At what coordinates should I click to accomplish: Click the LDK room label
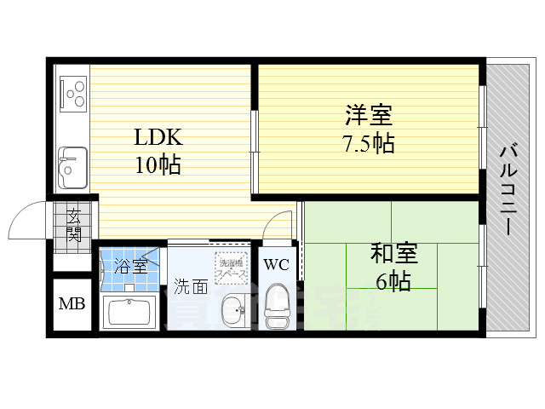coord(157,136)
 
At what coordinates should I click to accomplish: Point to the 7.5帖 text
coord(368,142)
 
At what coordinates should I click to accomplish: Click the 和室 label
coord(393,253)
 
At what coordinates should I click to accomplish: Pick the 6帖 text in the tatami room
coord(393,280)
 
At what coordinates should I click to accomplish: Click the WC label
coord(276,264)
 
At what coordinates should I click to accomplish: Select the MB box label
coord(70,304)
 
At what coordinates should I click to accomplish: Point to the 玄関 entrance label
coord(74,225)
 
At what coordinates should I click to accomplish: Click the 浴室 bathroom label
coord(130,265)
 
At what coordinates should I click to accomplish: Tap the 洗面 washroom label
coord(191,287)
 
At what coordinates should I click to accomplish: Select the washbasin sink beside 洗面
coord(231,308)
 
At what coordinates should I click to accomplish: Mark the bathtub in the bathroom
coord(132,313)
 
